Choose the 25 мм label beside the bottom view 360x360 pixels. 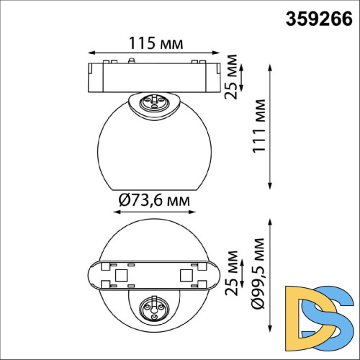click(x=231, y=273)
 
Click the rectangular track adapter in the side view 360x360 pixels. click(x=153, y=77)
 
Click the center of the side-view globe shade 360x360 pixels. click(x=153, y=148)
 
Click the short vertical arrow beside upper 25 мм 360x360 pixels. click(x=241, y=76)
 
